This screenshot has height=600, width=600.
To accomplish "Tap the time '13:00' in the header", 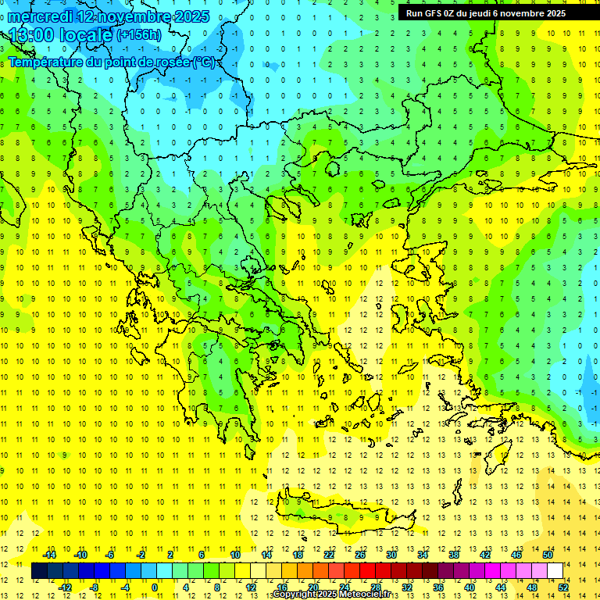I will pos(31,35).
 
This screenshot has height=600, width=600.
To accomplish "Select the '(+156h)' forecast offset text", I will pos(139,35).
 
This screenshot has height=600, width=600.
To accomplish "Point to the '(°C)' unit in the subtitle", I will pos(205,61).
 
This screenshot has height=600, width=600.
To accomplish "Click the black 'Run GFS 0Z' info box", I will pos(485,12).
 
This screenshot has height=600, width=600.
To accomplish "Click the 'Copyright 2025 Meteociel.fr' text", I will pos(331,595).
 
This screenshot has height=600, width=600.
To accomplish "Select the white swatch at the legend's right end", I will pos(555,571).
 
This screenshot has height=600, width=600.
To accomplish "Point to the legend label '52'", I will pos(563,587).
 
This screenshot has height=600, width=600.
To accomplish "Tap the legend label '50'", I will pos(548,555).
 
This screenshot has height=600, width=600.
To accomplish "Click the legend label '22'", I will pos(329,555).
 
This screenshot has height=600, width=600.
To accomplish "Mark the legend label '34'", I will pos(423,555).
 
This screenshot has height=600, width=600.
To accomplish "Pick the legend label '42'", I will pos(485,555).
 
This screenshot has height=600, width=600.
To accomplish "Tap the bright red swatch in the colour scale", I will pos(367,571).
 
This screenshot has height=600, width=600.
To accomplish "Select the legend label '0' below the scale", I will pos(155,587).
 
